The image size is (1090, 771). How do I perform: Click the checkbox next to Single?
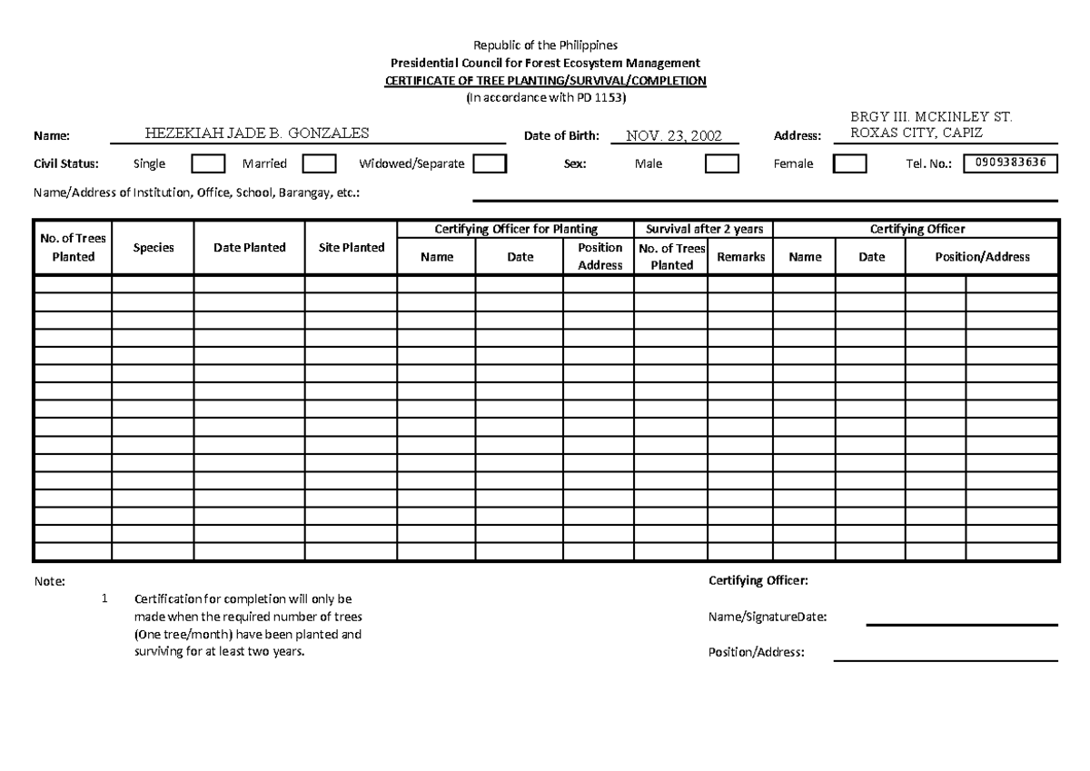click(x=208, y=164)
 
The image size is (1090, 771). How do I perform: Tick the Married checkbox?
click(x=319, y=164)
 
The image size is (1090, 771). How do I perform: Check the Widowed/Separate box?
click(x=490, y=164)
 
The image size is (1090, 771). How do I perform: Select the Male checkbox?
click(x=722, y=164)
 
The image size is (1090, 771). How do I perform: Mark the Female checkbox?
click(x=850, y=164)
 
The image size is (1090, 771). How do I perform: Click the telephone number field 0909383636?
click(x=1005, y=163)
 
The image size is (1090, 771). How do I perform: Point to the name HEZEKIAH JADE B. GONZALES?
click(x=257, y=133)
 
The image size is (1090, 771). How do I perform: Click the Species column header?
click(x=153, y=247)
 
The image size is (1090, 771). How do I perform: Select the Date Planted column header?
click(x=249, y=247)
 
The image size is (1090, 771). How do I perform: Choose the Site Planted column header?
click(x=351, y=247)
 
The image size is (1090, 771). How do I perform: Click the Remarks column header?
click(x=740, y=257)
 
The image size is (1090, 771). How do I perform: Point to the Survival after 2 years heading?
click(x=703, y=229)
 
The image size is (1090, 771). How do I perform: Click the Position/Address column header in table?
click(x=982, y=257)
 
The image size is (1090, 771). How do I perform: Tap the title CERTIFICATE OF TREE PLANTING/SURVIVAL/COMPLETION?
click(x=546, y=81)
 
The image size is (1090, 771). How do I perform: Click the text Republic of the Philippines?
click(x=546, y=45)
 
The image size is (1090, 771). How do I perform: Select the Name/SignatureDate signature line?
click(x=961, y=624)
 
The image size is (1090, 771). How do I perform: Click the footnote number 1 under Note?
click(x=105, y=599)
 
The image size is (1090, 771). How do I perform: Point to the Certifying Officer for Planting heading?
click(x=515, y=229)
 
